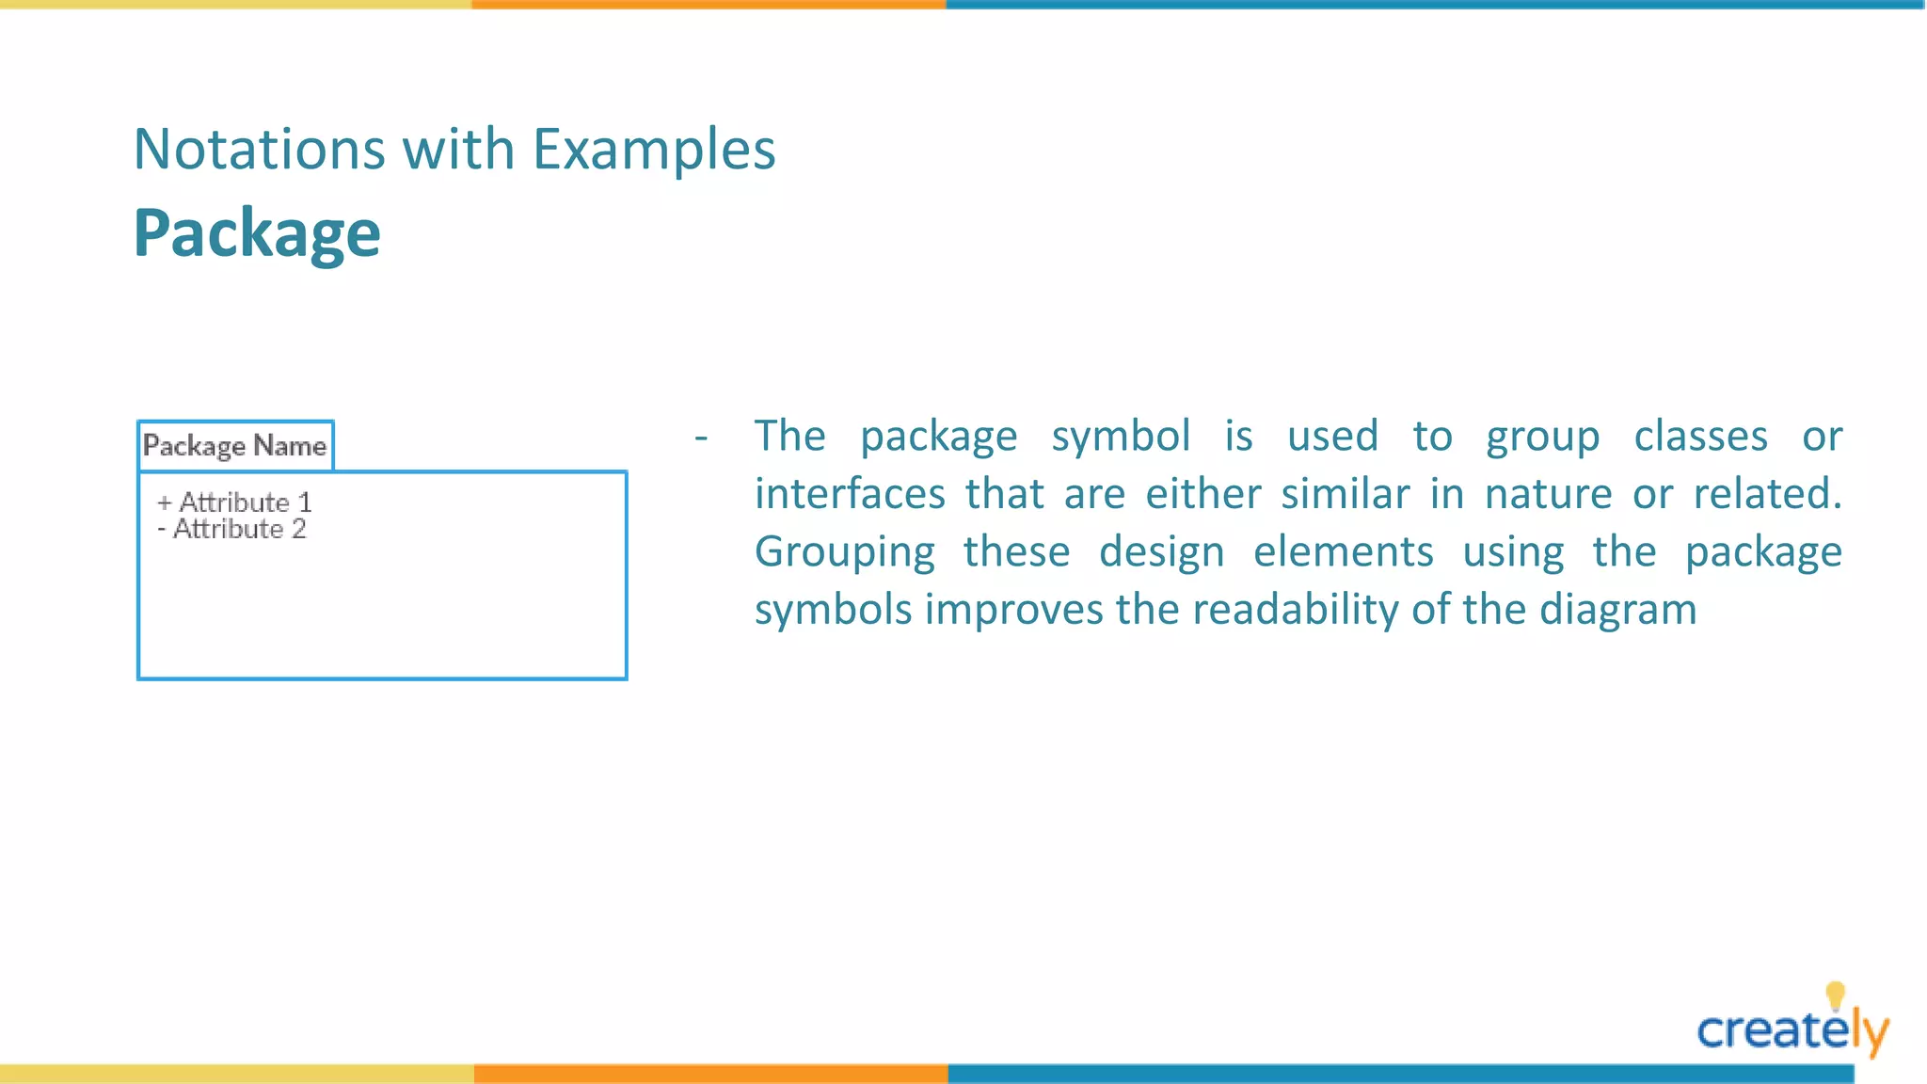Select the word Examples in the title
pos(654,150)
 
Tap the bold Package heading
pos(257,233)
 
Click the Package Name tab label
pos(234,445)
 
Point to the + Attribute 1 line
pos(234,502)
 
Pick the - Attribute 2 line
pos(231,529)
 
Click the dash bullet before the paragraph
pos(701,437)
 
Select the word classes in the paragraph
pos(1700,437)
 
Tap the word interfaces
pos(850,495)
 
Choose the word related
pos(1766,495)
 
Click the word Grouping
pos(844,553)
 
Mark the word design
pos(1161,553)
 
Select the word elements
pos(1343,553)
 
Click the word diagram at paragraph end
pos(1617,611)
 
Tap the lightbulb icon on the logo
pos(1835,995)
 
